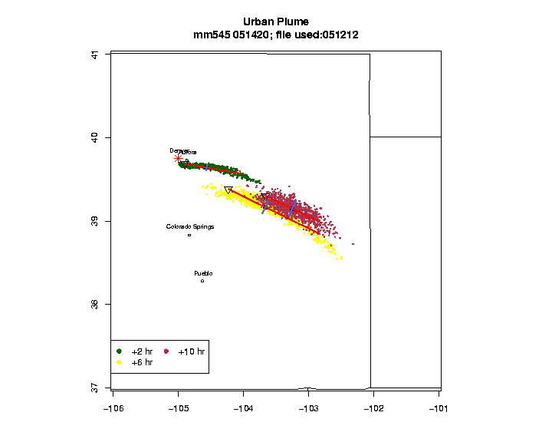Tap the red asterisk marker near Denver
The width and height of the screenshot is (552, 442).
[178, 158]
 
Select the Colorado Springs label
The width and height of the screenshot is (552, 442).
[190, 226]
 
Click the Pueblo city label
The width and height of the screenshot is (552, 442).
[203, 273]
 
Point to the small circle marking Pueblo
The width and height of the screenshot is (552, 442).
[202, 281]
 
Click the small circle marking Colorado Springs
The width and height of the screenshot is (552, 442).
[189, 235]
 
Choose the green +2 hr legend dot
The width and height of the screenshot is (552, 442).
[120, 351]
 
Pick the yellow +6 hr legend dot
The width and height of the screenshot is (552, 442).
[120, 361]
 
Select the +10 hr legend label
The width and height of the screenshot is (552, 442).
[191, 351]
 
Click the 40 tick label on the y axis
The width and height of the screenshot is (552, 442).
[94, 137]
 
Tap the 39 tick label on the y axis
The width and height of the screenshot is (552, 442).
[94, 221]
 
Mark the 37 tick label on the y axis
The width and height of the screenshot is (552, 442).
[94, 388]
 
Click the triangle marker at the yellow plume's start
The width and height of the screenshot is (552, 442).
[228, 190]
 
